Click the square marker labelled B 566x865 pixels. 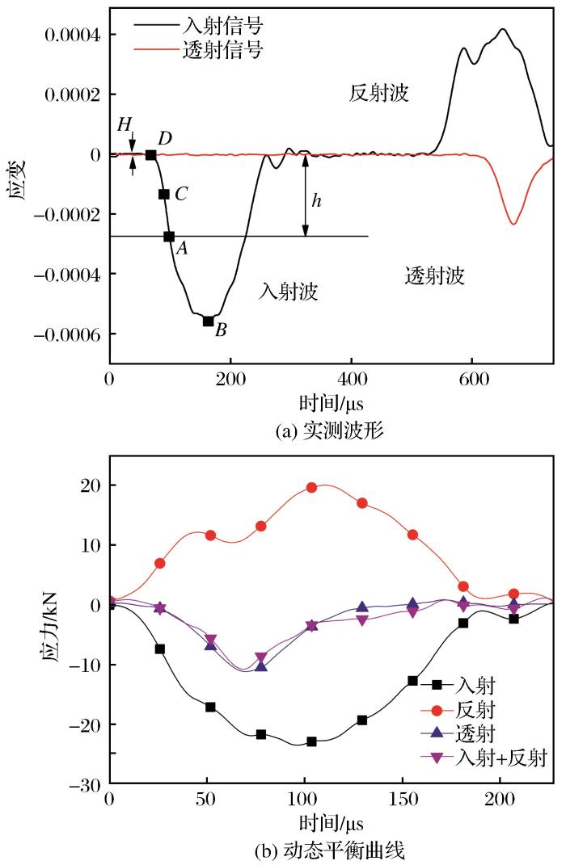tap(208, 321)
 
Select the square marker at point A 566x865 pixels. tap(169, 237)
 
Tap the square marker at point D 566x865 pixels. tap(150, 154)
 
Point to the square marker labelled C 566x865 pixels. tap(163, 194)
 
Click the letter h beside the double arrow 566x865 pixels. tap(316, 199)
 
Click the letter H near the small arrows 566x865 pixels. tap(124, 123)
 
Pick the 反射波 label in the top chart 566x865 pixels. tap(379, 94)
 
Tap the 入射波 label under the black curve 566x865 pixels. tap(289, 291)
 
